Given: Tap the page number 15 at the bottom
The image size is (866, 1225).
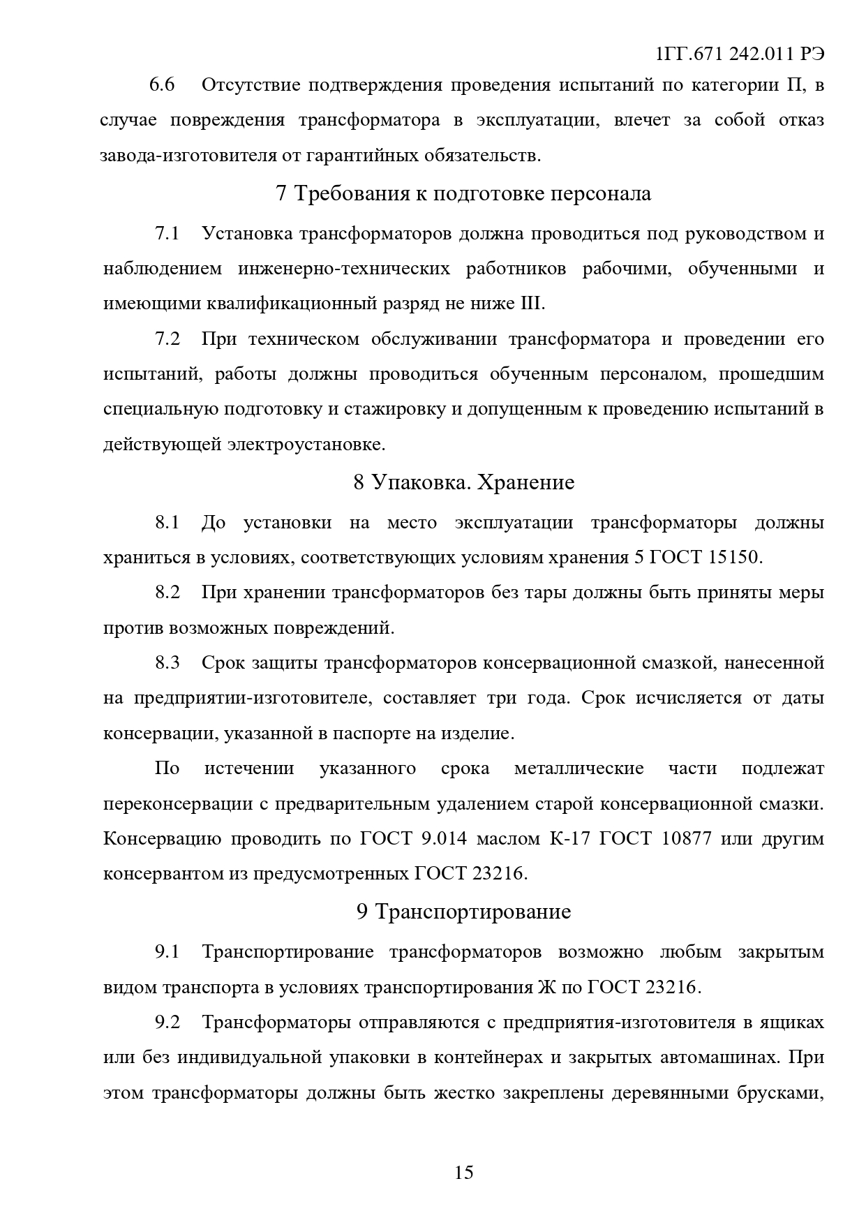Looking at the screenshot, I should (464, 1172).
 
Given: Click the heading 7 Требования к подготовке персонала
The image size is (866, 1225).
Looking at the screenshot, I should (464, 193).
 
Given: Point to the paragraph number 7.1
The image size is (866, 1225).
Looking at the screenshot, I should (167, 233).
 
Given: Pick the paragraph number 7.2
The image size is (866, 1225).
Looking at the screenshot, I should (167, 339).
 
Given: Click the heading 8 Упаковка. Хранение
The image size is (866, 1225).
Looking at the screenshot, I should (464, 482).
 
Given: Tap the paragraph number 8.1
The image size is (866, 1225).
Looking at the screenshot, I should (167, 522).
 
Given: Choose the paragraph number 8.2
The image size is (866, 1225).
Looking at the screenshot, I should (167, 593).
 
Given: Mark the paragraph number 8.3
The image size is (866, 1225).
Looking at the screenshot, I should (167, 662).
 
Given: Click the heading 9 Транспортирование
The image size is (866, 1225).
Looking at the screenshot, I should (464, 912).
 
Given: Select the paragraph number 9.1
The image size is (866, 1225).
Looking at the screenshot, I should (167, 952).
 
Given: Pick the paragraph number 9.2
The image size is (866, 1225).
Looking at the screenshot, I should (167, 1023).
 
